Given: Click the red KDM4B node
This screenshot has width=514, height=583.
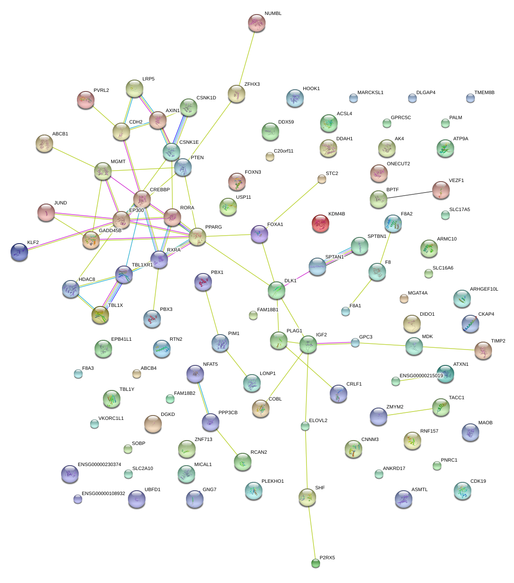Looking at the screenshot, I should pos(321,223).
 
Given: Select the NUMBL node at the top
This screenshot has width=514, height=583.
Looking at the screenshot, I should pos(256,23).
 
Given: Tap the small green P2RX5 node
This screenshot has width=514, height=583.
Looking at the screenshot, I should pos(315,563).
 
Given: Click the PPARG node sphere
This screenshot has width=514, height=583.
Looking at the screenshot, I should pos(197,237).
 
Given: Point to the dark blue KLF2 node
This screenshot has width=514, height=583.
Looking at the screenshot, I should pos(19,251).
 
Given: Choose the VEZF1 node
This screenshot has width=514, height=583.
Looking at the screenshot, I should pos(441,190).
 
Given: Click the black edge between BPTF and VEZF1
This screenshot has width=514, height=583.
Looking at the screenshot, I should pos(409,195).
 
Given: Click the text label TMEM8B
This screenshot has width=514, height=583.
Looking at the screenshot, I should pos(484,93).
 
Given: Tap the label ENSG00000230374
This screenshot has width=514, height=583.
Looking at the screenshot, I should pos(99,465).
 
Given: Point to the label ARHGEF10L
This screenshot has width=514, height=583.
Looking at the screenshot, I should pos(484,289).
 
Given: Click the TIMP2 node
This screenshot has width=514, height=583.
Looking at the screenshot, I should pos(483,350).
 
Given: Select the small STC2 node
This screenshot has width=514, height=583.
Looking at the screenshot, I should pos(322,179).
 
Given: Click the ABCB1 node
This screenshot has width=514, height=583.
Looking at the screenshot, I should pos(44,143).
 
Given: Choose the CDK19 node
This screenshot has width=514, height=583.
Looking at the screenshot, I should pos(462,491).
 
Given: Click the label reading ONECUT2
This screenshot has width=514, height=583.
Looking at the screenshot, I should pos(398,164).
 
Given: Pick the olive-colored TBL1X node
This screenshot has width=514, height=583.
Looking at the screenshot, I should pos(100,315).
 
